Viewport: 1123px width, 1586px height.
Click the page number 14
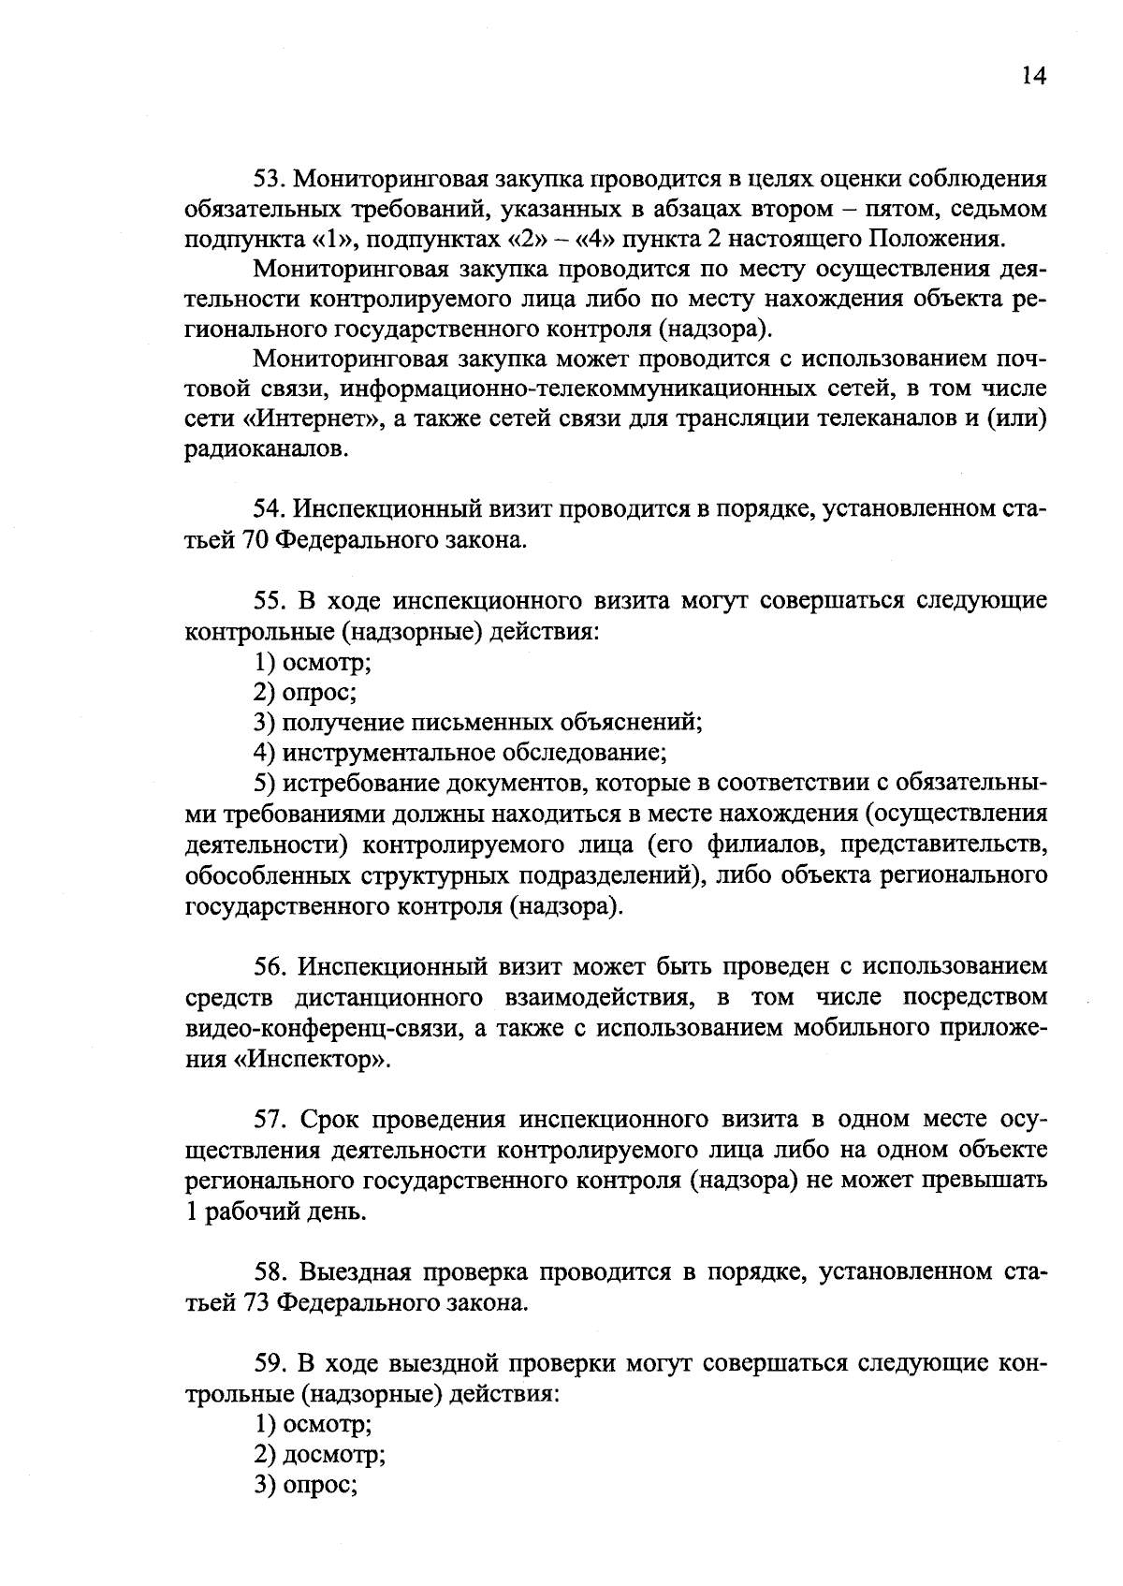[1033, 77]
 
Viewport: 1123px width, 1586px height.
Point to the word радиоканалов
[256, 449]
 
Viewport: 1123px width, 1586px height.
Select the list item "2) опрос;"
[305, 693]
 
